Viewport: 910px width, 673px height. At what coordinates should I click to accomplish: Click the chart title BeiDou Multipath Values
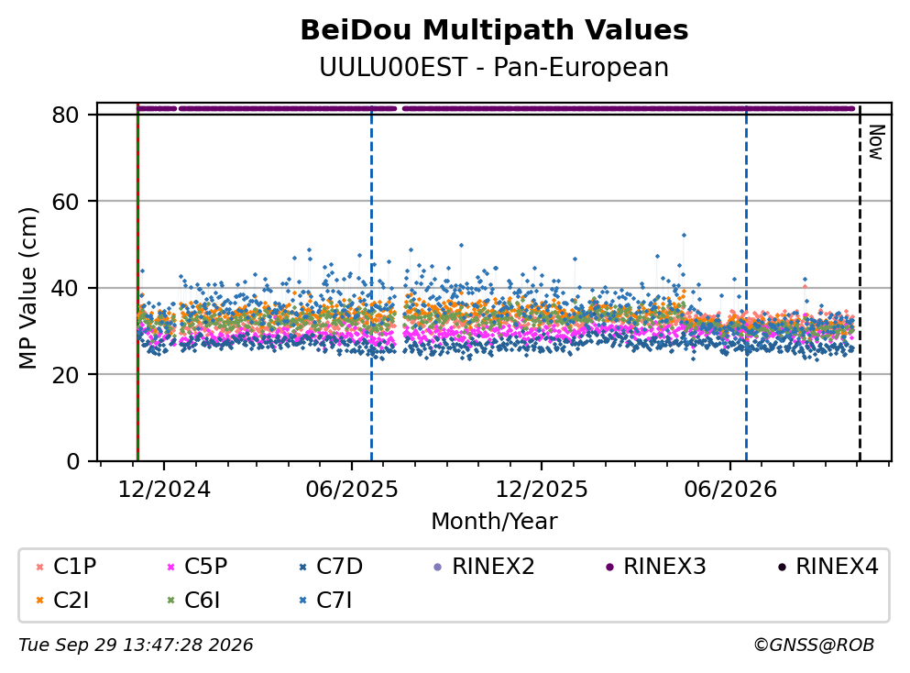(x=494, y=30)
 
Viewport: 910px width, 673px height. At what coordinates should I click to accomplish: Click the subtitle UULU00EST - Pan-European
(x=494, y=67)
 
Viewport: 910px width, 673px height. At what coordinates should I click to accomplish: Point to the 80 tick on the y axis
(x=65, y=115)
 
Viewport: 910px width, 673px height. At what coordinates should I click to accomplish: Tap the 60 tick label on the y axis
(x=65, y=202)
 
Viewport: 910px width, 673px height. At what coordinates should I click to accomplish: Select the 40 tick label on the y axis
(x=65, y=288)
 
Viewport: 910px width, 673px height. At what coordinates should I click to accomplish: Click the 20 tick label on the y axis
(x=65, y=374)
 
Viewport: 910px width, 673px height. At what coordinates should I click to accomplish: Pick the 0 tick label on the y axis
(x=72, y=461)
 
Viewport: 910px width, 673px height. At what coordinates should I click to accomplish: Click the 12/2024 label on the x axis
(x=164, y=490)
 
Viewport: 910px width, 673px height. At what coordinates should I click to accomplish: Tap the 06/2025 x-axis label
(x=352, y=490)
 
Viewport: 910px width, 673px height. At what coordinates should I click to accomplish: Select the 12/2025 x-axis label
(x=542, y=490)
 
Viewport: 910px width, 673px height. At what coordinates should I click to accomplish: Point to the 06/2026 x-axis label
(x=730, y=490)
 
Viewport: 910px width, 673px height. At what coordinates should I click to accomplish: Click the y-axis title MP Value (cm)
(x=27, y=288)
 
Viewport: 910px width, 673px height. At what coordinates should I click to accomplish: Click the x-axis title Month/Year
(x=494, y=522)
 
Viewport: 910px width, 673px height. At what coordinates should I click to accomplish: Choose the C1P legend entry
(x=66, y=566)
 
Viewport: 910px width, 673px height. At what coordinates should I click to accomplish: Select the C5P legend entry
(x=197, y=566)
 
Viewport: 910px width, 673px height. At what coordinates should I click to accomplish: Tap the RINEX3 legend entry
(x=656, y=566)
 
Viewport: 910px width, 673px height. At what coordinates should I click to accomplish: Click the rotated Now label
(x=876, y=142)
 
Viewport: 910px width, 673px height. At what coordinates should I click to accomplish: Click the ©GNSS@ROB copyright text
(x=814, y=645)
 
